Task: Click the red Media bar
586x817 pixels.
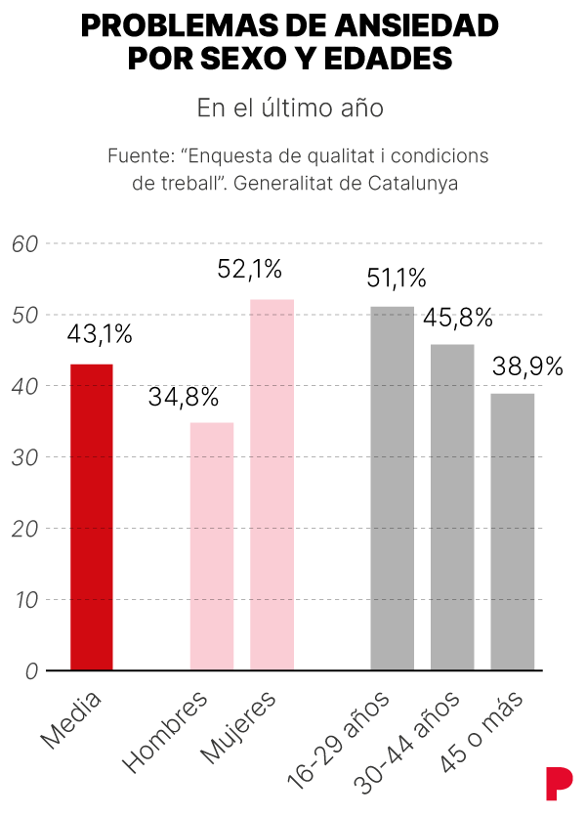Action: [x=92, y=517]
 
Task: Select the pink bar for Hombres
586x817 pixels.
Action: [x=212, y=546]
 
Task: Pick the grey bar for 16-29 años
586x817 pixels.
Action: [x=392, y=489]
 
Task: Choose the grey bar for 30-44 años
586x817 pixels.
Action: [x=452, y=507]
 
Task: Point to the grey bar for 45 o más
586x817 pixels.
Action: [x=512, y=532]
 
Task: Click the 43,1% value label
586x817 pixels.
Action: [x=100, y=334]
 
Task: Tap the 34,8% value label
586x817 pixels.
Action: [x=184, y=398]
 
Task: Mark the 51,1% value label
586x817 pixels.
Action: [x=397, y=279]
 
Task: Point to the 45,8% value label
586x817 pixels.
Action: [x=457, y=318]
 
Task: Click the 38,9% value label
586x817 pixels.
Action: [x=527, y=366]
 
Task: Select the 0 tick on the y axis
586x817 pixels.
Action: [x=30, y=671]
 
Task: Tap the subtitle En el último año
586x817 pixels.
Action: [x=290, y=107]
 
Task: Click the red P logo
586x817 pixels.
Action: [x=558, y=783]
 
